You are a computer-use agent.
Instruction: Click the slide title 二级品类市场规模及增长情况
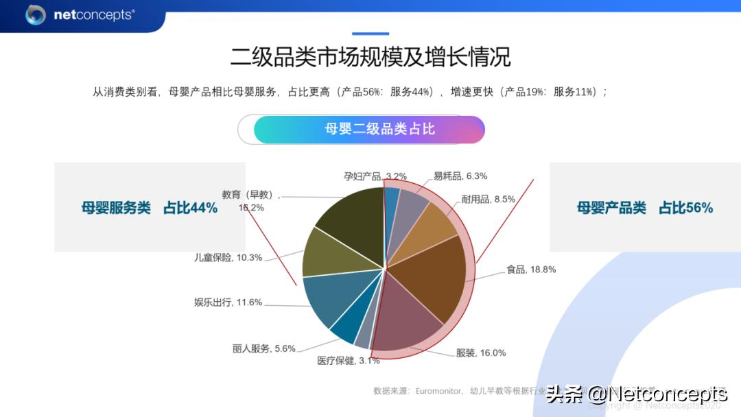tap(370, 56)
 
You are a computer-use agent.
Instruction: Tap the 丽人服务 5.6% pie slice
tap(349, 328)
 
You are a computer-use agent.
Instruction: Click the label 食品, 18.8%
tap(530, 270)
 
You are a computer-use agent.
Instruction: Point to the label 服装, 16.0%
tap(481, 353)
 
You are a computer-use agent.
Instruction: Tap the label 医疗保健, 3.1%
tap(348, 361)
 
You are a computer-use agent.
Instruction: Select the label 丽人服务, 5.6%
tap(263, 348)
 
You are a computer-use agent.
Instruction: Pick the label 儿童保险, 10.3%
tap(228, 257)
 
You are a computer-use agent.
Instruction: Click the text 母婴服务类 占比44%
tap(150, 208)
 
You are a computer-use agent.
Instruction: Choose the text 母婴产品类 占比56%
tap(645, 208)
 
